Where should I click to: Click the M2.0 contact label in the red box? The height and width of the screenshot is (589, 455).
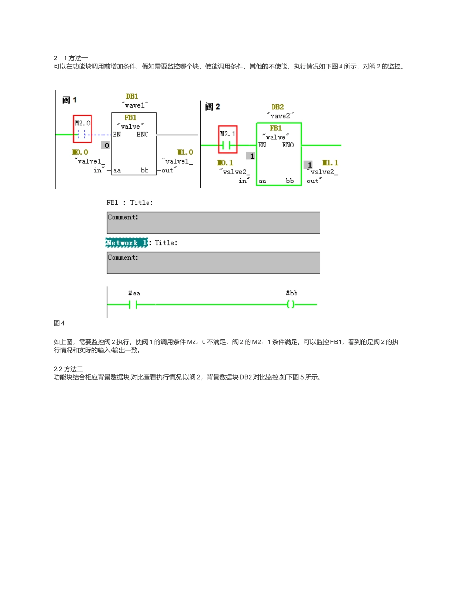pyautogui.click(x=82, y=123)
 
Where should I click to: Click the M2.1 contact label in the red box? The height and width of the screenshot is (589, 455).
pyautogui.click(x=228, y=134)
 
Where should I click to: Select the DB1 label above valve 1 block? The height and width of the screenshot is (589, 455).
pyautogui.click(x=132, y=96)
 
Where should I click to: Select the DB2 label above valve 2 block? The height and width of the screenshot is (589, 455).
pyautogui.click(x=278, y=107)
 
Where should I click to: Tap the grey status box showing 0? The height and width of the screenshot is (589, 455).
pyautogui.click(x=105, y=146)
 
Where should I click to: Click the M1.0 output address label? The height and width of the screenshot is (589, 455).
pyautogui.click(x=185, y=152)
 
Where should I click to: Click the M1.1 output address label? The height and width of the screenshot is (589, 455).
pyautogui.click(x=330, y=163)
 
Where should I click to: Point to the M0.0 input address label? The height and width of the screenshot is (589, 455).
pyautogui.click(x=80, y=152)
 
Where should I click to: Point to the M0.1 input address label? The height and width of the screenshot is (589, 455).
pyautogui.click(x=225, y=163)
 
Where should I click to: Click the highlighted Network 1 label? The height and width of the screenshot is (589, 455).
pyautogui.click(x=127, y=243)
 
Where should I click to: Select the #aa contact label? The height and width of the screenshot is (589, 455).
pyautogui.click(x=134, y=293)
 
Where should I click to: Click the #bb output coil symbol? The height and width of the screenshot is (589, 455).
pyautogui.click(x=290, y=304)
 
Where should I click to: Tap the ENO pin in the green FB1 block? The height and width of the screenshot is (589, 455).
pyautogui.click(x=288, y=145)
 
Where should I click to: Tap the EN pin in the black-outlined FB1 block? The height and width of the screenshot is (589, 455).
pyautogui.click(x=117, y=135)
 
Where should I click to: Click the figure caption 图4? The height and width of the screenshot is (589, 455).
pyautogui.click(x=59, y=323)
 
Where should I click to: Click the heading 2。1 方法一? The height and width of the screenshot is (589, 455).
pyautogui.click(x=70, y=58)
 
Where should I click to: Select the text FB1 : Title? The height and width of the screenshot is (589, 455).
pyautogui.click(x=130, y=203)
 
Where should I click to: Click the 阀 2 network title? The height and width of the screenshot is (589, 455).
pyautogui.click(x=213, y=107)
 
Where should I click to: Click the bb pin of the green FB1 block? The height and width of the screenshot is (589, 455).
pyautogui.click(x=290, y=181)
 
